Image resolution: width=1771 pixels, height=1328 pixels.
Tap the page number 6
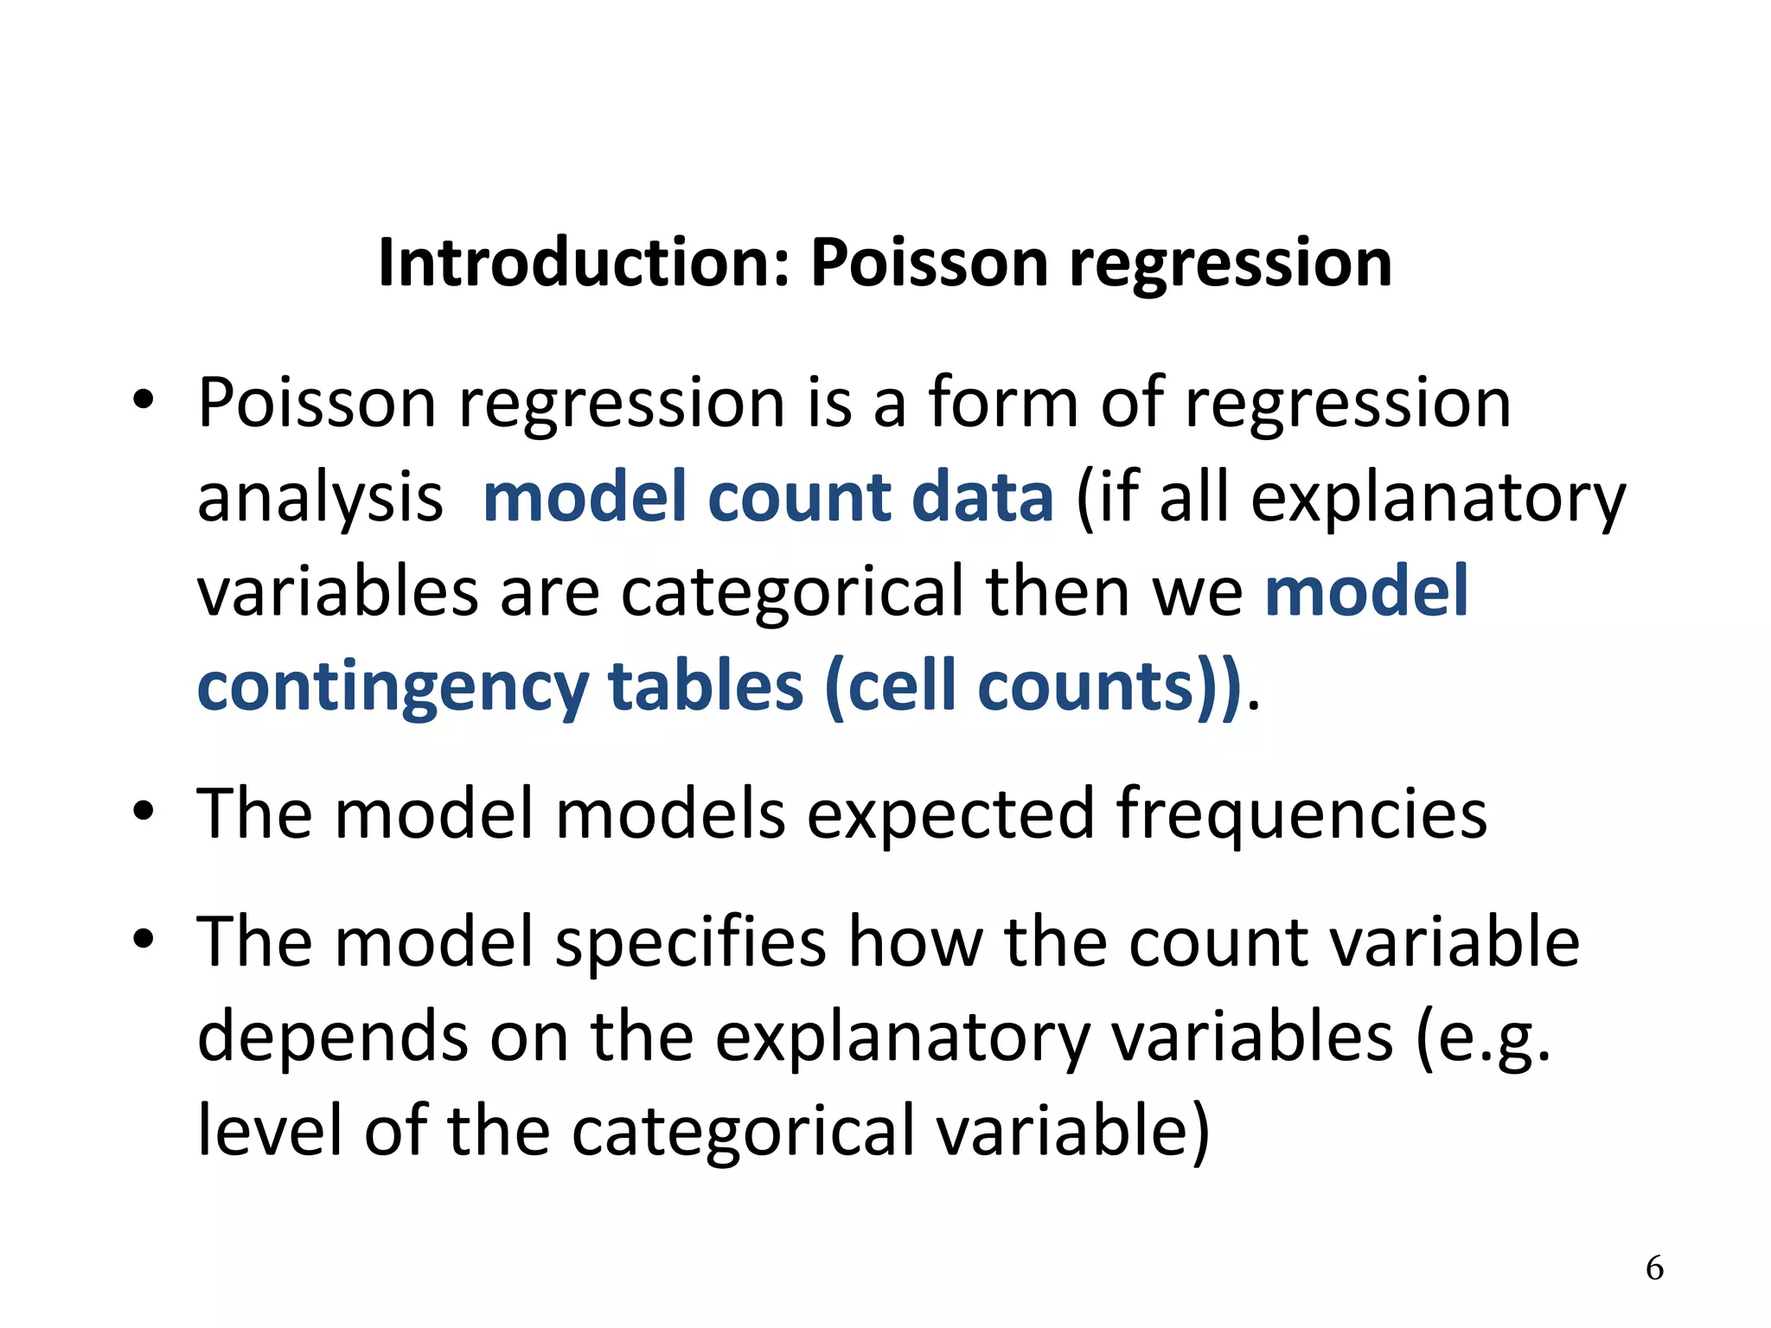coord(1654,1267)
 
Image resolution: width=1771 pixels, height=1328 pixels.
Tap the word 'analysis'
coord(320,499)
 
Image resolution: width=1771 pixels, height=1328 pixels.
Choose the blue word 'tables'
coord(706,686)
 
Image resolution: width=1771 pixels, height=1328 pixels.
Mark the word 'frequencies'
coord(1301,814)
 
